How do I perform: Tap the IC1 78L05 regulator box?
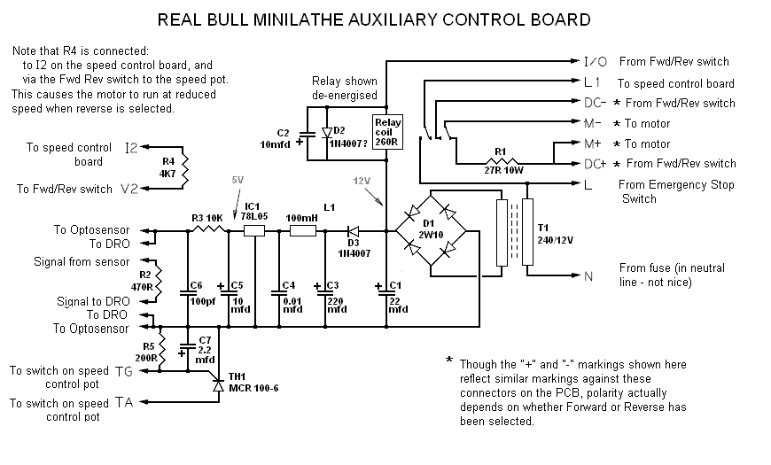point(254,231)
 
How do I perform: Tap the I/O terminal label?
point(594,62)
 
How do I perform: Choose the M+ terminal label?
point(594,143)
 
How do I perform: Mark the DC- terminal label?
point(594,103)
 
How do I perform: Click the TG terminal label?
point(123,372)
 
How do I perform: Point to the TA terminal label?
point(123,403)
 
